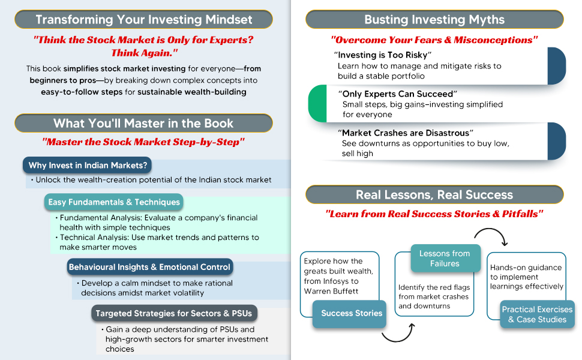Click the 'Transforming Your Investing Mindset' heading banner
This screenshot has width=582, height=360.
[143, 19]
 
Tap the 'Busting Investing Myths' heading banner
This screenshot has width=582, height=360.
[434, 19]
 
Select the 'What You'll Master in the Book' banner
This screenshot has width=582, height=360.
[143, 123]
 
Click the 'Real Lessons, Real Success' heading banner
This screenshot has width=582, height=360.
[434, 194]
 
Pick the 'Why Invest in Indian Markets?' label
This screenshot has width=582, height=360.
[88, 165]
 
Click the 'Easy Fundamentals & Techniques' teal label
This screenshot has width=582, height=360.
[114, 202]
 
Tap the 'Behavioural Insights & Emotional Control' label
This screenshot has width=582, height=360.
[149, 267]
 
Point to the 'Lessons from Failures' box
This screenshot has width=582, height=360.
[445, 259]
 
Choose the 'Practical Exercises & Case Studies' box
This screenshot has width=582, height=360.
[537, 314]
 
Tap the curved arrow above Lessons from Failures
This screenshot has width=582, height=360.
[491, 236]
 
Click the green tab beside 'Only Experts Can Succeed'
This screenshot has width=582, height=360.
[317, 103]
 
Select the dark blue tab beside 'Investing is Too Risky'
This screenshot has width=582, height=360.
[557, 66]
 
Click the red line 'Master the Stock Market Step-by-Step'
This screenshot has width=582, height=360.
[143, 143]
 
